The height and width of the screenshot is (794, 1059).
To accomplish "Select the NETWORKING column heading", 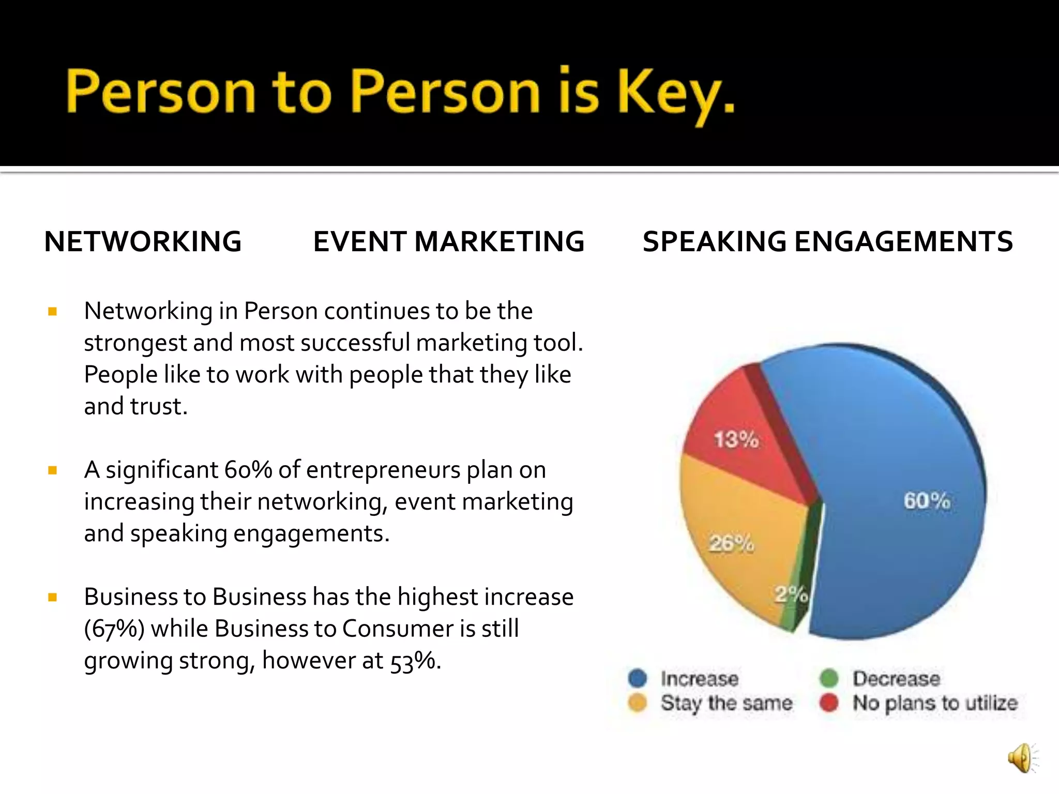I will tap(143, 241).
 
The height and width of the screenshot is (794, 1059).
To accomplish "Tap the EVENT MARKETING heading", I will tap(449, 241).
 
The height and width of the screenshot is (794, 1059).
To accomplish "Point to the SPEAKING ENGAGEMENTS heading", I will tap(827, 241).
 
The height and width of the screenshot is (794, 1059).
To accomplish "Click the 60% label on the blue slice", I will tap(927, 500).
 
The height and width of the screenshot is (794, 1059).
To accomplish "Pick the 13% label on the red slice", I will tap(736, 439).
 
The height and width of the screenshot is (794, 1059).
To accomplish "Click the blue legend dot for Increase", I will tap(638, 678).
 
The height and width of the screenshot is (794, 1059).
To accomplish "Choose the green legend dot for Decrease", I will tap(829, 678).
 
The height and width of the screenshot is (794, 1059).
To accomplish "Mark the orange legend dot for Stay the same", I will tap(638, 703).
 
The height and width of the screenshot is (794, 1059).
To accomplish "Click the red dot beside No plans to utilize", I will tap(829, 703).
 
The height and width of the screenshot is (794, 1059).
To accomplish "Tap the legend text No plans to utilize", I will tap(935, 703).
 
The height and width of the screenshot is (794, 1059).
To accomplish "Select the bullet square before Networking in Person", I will tap(52, 311).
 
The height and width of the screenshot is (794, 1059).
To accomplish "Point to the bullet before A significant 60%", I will tap(52, 470).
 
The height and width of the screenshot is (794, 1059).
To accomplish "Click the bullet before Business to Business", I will tap(52, 598).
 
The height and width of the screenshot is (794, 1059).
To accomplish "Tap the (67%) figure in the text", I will tap(114, 629).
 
